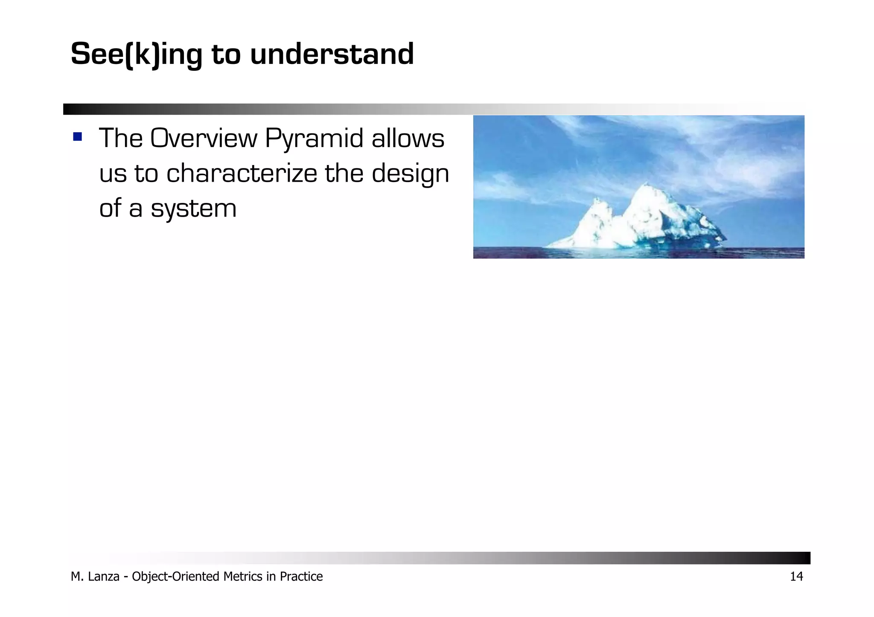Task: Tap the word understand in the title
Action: coord(332,55)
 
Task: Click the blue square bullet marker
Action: coord(77,136)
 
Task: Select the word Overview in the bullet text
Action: coord(204,139)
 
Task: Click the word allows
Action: coord(408,139)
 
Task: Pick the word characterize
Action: coord(242,174)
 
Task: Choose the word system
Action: coord(193,209)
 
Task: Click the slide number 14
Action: coord(796,576)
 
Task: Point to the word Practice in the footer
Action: coord(301,576)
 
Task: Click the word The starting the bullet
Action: coord(121,139)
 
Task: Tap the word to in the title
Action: coord(226,55)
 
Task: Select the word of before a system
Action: coord(110,209)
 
